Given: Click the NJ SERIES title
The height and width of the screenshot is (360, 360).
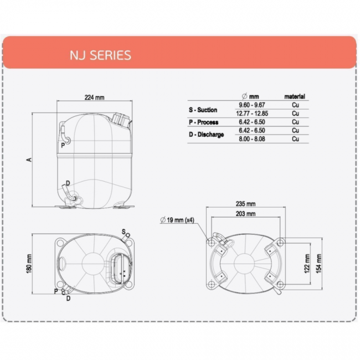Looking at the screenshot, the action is point(100,55).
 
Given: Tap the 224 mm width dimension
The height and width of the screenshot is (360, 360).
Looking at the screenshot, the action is point(94,97).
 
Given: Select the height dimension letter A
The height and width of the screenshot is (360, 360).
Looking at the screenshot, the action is point(29,160).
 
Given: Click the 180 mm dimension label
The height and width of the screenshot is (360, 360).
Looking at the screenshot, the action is point(29,264).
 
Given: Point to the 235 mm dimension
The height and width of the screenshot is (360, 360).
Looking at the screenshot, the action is point(245,204).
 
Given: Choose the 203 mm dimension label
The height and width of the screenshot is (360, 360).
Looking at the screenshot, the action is point(245,214).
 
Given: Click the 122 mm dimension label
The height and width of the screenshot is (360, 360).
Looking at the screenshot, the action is point(307,264).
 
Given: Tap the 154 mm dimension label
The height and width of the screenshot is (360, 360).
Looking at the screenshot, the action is point(318,264).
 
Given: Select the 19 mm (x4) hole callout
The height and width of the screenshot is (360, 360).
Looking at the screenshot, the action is point(177,220).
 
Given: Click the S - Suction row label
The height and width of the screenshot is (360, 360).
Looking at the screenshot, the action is point(203,110).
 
